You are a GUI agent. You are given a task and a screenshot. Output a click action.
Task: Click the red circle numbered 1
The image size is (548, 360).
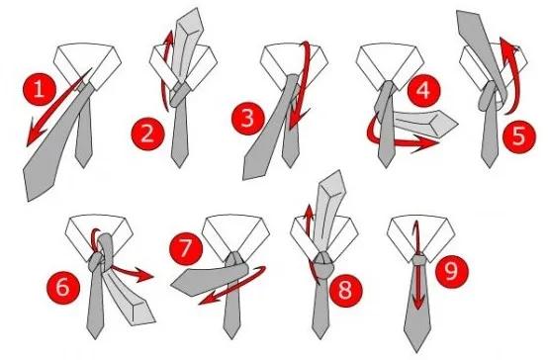click(x=40, y=89)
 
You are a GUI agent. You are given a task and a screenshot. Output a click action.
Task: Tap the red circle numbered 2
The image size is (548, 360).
click(x=147, y=134)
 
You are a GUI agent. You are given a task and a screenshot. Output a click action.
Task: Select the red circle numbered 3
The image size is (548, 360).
click(x=248, y=118)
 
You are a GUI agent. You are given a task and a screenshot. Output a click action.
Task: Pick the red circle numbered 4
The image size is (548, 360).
click(x=424, y=91)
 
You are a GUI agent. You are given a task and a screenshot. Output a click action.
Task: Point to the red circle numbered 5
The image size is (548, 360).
click(x=519, y=136)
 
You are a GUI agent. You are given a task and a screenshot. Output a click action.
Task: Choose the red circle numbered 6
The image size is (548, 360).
click(x=63, y=287)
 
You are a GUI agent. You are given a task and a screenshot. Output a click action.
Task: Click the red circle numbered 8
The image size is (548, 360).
click(x=345, y=290)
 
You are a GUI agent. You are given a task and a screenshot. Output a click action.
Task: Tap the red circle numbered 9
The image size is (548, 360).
click(x=452, y=271)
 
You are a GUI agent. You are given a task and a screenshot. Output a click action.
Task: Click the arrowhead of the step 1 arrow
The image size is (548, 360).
click(x=35, y=135)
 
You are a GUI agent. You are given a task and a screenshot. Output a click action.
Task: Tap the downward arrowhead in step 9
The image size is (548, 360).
click(x=418, y=301)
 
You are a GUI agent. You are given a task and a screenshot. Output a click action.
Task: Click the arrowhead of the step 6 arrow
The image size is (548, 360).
click(x=143, y=274)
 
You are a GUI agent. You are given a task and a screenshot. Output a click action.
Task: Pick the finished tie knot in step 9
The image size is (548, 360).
click(x=418, y=260)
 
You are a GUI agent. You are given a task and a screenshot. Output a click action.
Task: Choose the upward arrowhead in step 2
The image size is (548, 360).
click(x=169, y=38)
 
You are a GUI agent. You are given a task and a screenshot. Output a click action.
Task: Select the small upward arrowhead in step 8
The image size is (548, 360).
click(x=309, y=211)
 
